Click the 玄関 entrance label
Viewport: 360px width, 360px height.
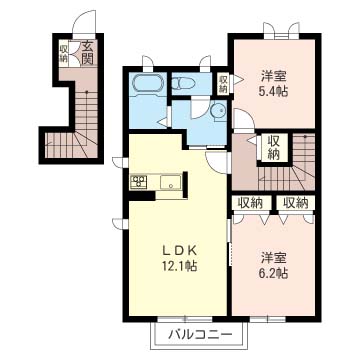tap(87, 52)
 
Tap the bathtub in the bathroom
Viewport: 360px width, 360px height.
tap(148, 83)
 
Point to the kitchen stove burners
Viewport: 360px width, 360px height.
tap(138, 182)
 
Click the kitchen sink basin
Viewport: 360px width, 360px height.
tap(170, 183)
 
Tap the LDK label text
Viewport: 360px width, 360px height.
tap(178, 250)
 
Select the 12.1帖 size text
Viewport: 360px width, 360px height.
tap(178, 266)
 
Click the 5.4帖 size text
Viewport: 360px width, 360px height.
tap(273, 91)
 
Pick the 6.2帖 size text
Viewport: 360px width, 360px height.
tap(273, 274)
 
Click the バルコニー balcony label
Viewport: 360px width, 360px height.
tap(200, 334)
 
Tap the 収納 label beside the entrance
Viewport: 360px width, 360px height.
tap(64, 53)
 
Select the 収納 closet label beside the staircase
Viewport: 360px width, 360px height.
tap(273, 148)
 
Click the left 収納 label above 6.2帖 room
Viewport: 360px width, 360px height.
tap(250, 203)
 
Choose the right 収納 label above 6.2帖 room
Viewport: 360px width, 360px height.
tap(296, 203)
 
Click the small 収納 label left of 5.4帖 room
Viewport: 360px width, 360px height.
tap(223, 84)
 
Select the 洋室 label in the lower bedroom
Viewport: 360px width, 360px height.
tap(273, 259)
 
